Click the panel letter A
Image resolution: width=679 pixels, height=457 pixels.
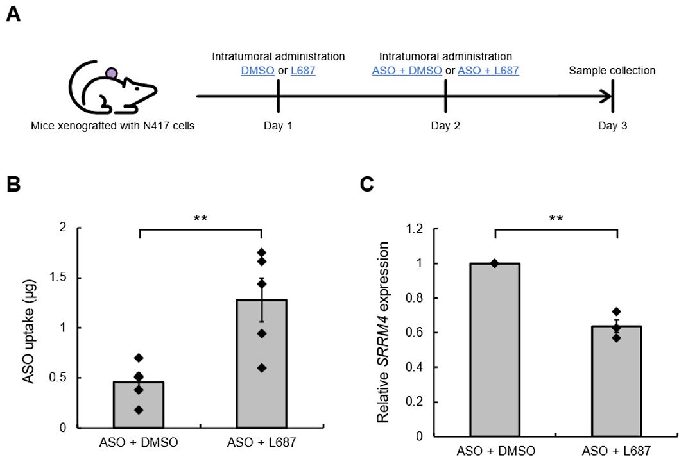click(x=13, y=13)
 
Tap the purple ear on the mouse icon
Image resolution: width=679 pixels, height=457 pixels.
click(x=112, y=73)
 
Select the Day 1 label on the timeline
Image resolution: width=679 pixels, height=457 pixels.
click(x=278, y=126)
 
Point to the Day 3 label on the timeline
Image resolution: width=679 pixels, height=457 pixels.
click(x=612, y=126)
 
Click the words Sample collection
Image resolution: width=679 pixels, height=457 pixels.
click(x=612, y=71)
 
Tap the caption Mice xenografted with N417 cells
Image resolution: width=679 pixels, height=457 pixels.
click(x=112, y=126)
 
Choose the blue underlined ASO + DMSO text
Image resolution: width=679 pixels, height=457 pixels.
click(x=407, y=71)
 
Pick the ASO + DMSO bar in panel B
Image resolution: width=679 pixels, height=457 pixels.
click(x=139, y=404)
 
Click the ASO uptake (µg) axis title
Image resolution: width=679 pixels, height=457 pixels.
click(x=29, y=327)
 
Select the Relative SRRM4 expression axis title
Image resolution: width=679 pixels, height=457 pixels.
click(x=383, y=332)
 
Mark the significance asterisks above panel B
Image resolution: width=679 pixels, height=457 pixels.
click(x=200, y=219)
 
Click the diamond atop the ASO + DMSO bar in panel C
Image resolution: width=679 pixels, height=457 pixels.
click(x=494, y=263)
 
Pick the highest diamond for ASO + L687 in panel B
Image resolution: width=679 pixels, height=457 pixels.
click(x=261, y=253)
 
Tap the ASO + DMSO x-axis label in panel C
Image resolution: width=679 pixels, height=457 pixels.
click(x=495, y=451)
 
